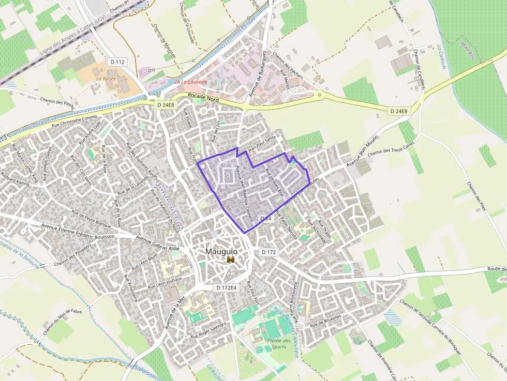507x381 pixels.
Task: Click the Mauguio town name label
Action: pos(221,251)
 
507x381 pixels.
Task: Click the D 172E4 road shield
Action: pos(227,287)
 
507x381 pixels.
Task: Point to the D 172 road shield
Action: pos(269,252)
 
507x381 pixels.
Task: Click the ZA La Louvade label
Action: pos(190,82)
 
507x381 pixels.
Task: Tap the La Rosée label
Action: pos(106,79)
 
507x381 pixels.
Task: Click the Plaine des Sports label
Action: pos(279,344)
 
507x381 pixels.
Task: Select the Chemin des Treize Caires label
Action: pos(391,150)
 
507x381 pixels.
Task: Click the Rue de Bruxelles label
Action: pos(326,321)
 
